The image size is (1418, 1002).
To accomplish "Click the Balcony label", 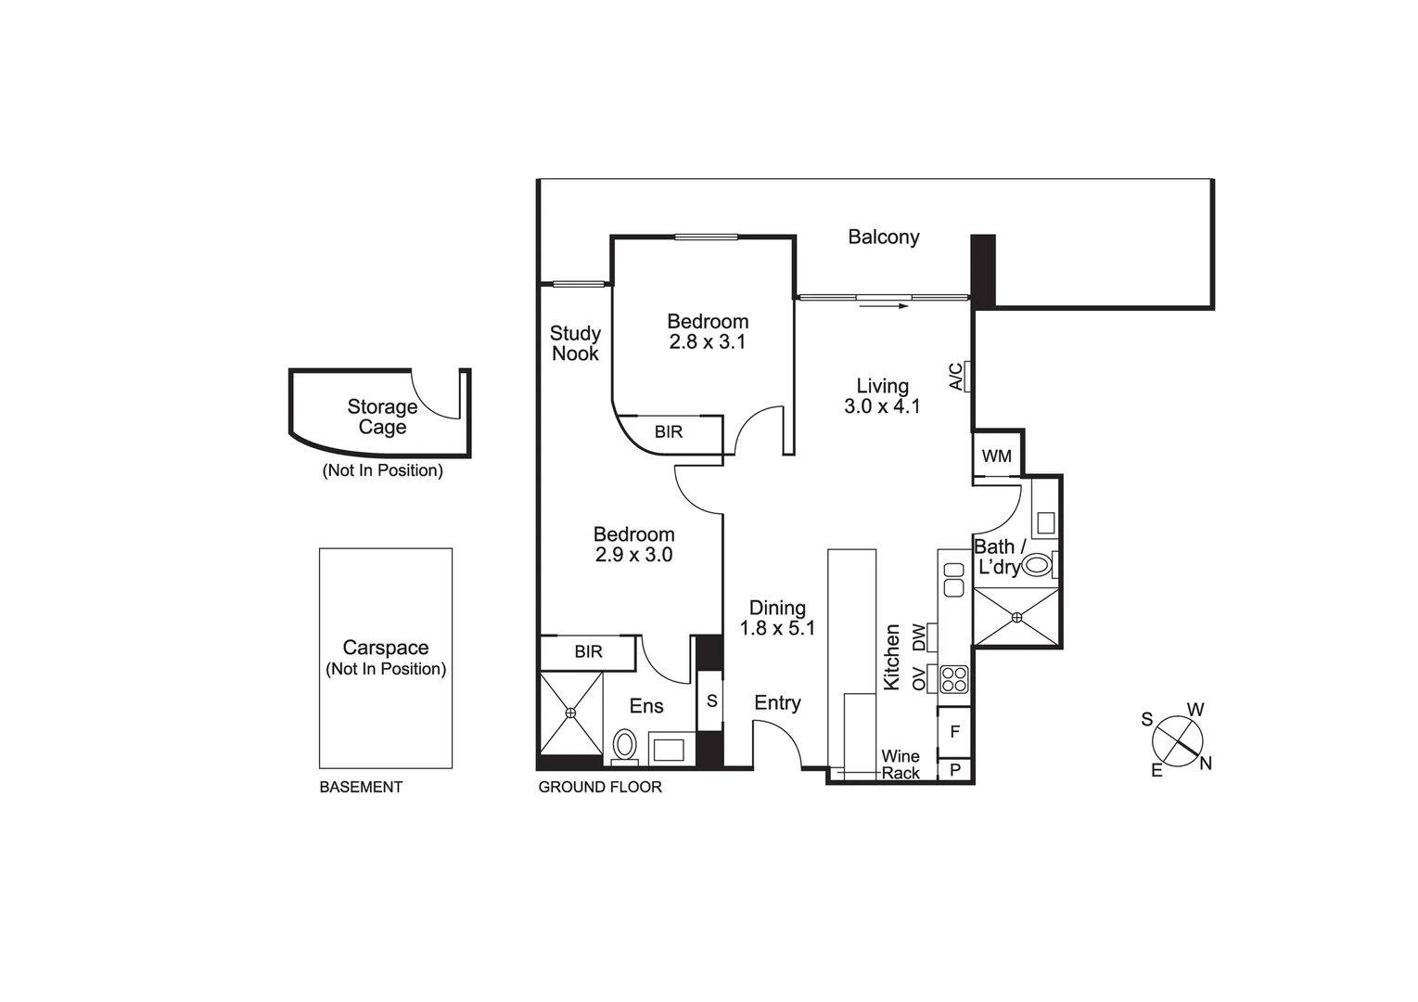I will (x=883, y=237).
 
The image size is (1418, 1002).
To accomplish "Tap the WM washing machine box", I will (x=997, y=456).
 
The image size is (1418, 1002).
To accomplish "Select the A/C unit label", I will (x=956, y=376).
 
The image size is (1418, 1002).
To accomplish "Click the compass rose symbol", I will (x=1177, y=741).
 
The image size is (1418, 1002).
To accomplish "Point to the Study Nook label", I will (x=575, y=343).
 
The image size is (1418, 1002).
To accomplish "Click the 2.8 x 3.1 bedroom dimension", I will (x=708, y=342).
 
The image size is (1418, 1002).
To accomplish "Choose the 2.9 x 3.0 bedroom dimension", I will (x=633, y=555).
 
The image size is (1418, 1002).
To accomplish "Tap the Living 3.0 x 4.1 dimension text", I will (x=882, y=406).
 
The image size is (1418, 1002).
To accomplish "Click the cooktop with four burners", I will (x=954, y=680).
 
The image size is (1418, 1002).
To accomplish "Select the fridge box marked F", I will (x=954, y=732).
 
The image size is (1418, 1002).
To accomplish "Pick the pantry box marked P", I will (x=954, y=770).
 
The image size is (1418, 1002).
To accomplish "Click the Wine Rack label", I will (x=901, y=764).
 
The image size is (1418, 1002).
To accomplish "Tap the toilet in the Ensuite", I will (x=625, y=745).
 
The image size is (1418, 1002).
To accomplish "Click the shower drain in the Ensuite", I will (x=571, y=713).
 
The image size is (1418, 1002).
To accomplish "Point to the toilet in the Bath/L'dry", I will (x=1037, y=564).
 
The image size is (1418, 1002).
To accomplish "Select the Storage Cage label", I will (x=382, y=417).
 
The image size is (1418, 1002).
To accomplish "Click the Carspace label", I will (x=386, y=648).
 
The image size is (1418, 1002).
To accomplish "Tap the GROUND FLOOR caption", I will (x=600, y=787).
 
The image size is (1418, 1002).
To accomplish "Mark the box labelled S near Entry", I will (x=711, y=701).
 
